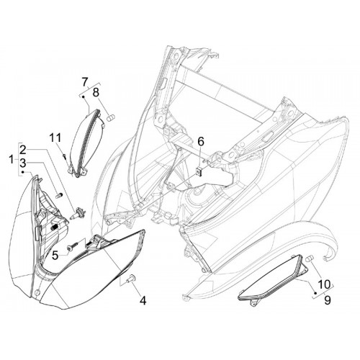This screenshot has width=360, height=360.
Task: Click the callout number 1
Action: (11, 160)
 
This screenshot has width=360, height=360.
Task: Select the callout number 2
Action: (23, 150)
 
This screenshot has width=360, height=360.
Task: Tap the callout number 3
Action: (23, 163)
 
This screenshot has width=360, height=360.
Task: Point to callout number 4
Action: (143, 300)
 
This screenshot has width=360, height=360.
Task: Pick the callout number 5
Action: (55, 256)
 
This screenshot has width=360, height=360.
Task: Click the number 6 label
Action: (201, 142)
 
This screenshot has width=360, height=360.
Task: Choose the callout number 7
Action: (84, 82)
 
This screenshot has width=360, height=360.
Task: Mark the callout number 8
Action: (96, 92)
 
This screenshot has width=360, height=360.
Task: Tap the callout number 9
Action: (327, 300)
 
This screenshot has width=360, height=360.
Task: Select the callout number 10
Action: (324, 284)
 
